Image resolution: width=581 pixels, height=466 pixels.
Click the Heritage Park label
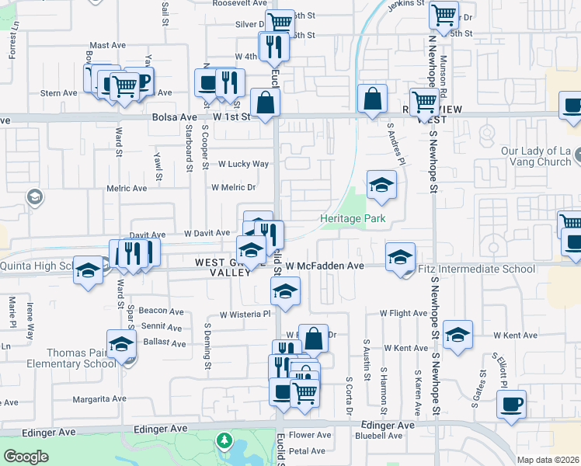click(x=353, y=219)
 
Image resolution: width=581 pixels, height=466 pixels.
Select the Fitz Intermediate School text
click(x=477, y=270)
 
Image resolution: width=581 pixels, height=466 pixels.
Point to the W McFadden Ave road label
click(x=325, y=266)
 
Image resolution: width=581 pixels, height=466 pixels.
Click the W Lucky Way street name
click(x=243, y=165)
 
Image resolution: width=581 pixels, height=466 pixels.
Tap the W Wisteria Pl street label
click(x=245, y=315)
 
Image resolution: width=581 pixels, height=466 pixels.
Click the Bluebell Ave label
click(x=377, y=436)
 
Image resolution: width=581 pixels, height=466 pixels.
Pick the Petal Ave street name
click(x=307, y=450)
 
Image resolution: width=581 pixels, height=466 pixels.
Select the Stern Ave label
click(x=59, y=93)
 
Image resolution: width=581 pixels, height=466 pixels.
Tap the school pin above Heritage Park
click(x=381, y=186)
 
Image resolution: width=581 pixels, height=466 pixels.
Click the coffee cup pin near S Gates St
click(x=511, y=405)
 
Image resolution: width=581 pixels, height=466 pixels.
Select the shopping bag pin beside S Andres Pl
click(x=372, y=99)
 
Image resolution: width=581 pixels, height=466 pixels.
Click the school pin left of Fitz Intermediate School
click(x=399, y=256)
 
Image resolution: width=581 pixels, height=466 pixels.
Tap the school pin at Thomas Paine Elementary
click(x=121, y=344)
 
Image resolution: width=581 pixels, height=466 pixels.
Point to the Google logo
click(x=26, y=457)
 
